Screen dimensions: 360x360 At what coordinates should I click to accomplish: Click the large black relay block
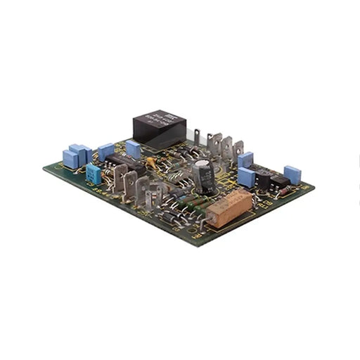coord(160,128)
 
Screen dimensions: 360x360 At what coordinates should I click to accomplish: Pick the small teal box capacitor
coord(94,174)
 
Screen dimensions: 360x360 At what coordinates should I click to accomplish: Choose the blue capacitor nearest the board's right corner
coord(292,174)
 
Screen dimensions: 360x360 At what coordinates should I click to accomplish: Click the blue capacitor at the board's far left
coord(71,158)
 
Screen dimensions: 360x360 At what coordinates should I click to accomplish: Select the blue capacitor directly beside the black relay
coord(133,148)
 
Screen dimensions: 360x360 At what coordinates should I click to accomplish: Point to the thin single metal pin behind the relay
coord(197,136)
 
